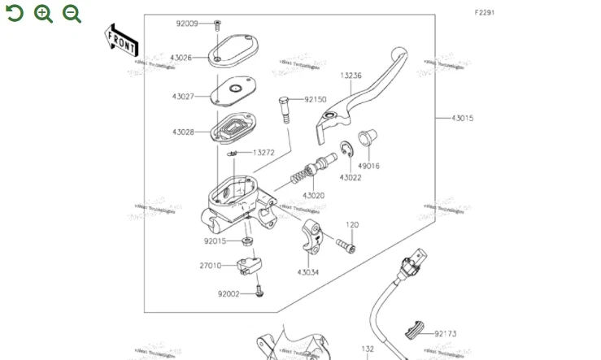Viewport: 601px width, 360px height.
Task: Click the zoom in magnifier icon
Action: [x=44, y=13]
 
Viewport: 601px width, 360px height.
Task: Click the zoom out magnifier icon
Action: [x=72, y=13]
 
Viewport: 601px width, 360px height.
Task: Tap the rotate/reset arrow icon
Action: [x=15, y=13]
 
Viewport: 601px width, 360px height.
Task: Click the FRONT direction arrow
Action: [x=120, y=41]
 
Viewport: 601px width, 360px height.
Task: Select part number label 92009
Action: [x=186, y=24]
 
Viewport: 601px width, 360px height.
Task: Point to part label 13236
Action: [x=351, y=76]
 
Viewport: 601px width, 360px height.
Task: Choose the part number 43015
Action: [x=462, y=119]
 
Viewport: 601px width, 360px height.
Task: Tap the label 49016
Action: [x=368, y=166]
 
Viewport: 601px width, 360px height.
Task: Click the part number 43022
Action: [x=351, y=177]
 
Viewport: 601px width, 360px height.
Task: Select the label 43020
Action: [x=313, y=196]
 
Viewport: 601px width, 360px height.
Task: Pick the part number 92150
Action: [x=316, y=100]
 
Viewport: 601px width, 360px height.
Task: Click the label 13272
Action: [x=263, y=152]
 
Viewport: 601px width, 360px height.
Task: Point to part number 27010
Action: [x=210, y=266]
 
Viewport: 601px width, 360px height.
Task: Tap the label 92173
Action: [x=445, y=333]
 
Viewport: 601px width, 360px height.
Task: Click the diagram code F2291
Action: [x=485, y=12]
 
